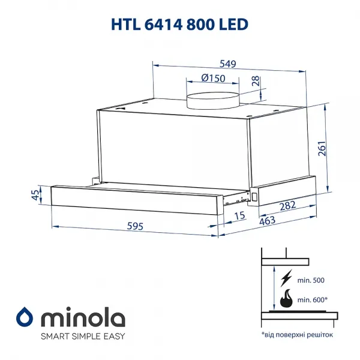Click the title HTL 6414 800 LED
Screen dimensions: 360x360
180,23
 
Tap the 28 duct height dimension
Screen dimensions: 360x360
256,82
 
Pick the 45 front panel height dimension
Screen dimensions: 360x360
35,194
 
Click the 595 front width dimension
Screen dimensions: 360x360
136,226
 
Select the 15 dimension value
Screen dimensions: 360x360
239,215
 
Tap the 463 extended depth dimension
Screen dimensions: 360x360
267,221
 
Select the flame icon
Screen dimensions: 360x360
287,298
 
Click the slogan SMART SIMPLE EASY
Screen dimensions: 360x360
83,335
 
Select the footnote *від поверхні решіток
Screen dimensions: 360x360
296,334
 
